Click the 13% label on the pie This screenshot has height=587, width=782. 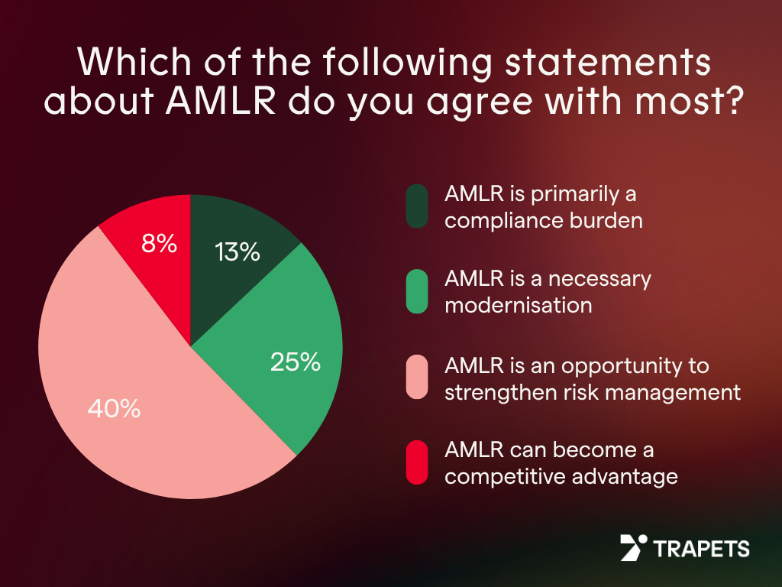[238, 252]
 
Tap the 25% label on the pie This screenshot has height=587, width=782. [295, 362]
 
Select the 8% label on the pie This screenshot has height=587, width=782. [160, 244]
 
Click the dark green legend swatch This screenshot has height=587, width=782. [417, 206]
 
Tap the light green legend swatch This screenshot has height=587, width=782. [417, 291]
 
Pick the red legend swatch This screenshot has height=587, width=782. [417, 462]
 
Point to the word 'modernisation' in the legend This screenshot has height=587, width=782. [519, 306]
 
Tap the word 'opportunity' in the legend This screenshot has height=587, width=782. [607, 365]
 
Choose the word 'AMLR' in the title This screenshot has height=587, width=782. [230, 101]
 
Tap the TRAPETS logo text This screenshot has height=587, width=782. [702, 548]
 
